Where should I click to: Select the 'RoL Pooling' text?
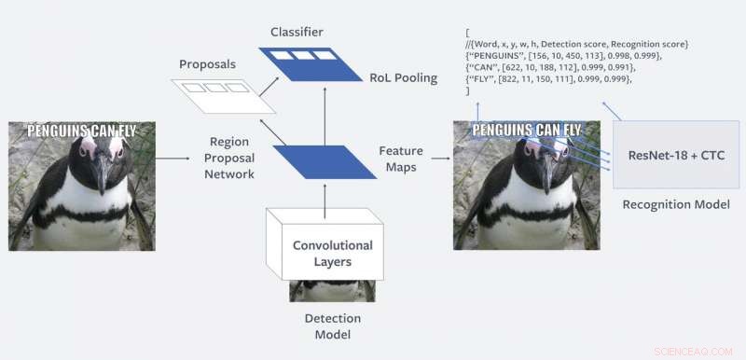coord(402,77)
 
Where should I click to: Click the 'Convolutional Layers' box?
coord(333,253)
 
